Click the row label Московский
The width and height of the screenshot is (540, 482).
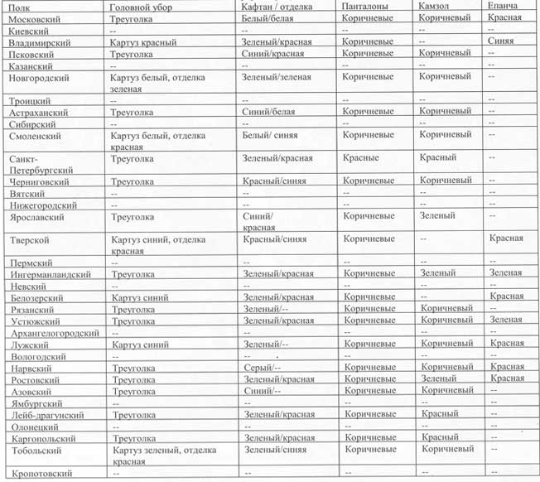(36, 17)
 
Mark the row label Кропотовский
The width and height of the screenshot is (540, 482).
(42, 473)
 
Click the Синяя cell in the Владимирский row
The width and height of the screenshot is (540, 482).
(504, 41)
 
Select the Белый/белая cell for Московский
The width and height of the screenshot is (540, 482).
(271, 17)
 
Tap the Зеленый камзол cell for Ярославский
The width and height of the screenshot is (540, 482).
(437, 216)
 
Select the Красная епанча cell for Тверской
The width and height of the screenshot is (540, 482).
(506, 239)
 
